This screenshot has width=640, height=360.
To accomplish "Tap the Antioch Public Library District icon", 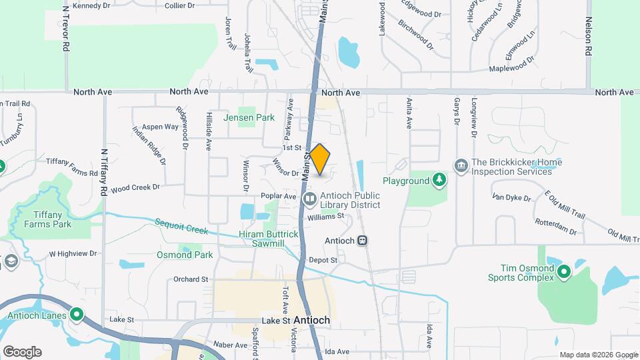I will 310,199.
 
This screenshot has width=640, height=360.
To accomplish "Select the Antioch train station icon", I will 362,241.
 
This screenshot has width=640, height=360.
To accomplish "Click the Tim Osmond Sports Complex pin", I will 564,271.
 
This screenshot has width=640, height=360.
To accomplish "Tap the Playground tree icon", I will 439,180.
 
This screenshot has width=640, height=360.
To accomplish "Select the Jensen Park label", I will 249,117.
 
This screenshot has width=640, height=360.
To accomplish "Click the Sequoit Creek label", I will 181,227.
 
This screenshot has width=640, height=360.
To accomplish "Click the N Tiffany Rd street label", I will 104,173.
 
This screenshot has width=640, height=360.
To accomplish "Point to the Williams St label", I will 325,216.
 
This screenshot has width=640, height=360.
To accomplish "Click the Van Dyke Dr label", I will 511,198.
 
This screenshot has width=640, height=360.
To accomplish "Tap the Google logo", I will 22,352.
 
